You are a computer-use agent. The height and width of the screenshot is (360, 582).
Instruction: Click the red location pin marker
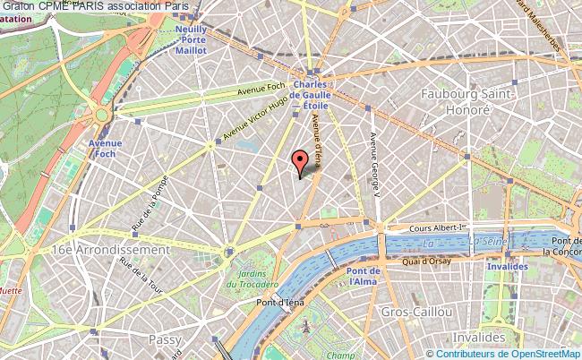(x=300, y=161)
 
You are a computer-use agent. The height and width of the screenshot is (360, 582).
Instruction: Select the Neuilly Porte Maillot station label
(x=190, y=39)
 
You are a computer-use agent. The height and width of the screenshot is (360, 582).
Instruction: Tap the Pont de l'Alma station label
(x=364, y=276)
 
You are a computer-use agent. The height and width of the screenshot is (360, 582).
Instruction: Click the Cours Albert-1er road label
(x=438, y=227)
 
